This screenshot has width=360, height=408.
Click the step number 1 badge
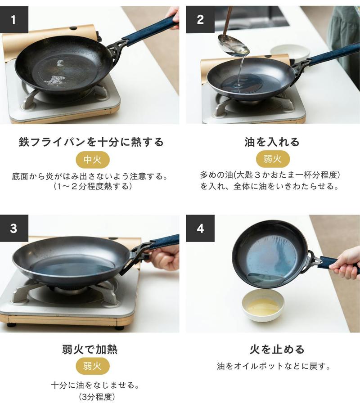click(14, 20)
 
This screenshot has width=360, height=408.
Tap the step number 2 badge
click(200, 20)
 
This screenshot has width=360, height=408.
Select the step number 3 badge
click(14, 228)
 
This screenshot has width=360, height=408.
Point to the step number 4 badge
click(200, 228)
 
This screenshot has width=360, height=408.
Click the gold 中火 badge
click(93, 160)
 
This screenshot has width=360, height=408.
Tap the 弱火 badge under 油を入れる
click(273, 159)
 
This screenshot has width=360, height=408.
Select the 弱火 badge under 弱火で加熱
click(93, 366)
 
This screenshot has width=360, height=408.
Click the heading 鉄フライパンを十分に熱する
click(91, 142)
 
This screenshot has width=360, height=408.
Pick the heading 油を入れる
click(272, 142)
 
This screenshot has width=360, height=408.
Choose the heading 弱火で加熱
click(90, 349)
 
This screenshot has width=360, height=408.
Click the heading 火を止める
click(277, 349)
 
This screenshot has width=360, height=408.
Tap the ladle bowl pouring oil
click(234, 46)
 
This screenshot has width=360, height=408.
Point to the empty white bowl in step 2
click(290, 53)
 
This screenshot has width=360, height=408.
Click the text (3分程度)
click(97, 397)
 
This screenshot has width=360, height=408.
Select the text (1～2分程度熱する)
click(92, 186)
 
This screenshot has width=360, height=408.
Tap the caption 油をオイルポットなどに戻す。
click(274, 366)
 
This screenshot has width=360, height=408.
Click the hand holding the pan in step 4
click(346, 263)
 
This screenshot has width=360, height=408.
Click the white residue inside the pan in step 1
click(55, 75)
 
